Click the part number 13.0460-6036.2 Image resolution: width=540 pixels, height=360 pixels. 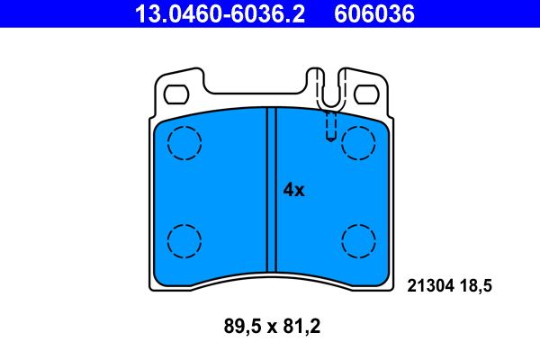click(220, 14)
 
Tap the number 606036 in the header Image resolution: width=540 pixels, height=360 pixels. click(374, 14)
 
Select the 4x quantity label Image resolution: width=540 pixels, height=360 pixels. click(293, 190)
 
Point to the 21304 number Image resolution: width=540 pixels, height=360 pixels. click(430, 286)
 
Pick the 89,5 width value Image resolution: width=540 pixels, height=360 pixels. click(242, 326)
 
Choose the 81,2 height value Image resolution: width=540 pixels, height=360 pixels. click(301, 326)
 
